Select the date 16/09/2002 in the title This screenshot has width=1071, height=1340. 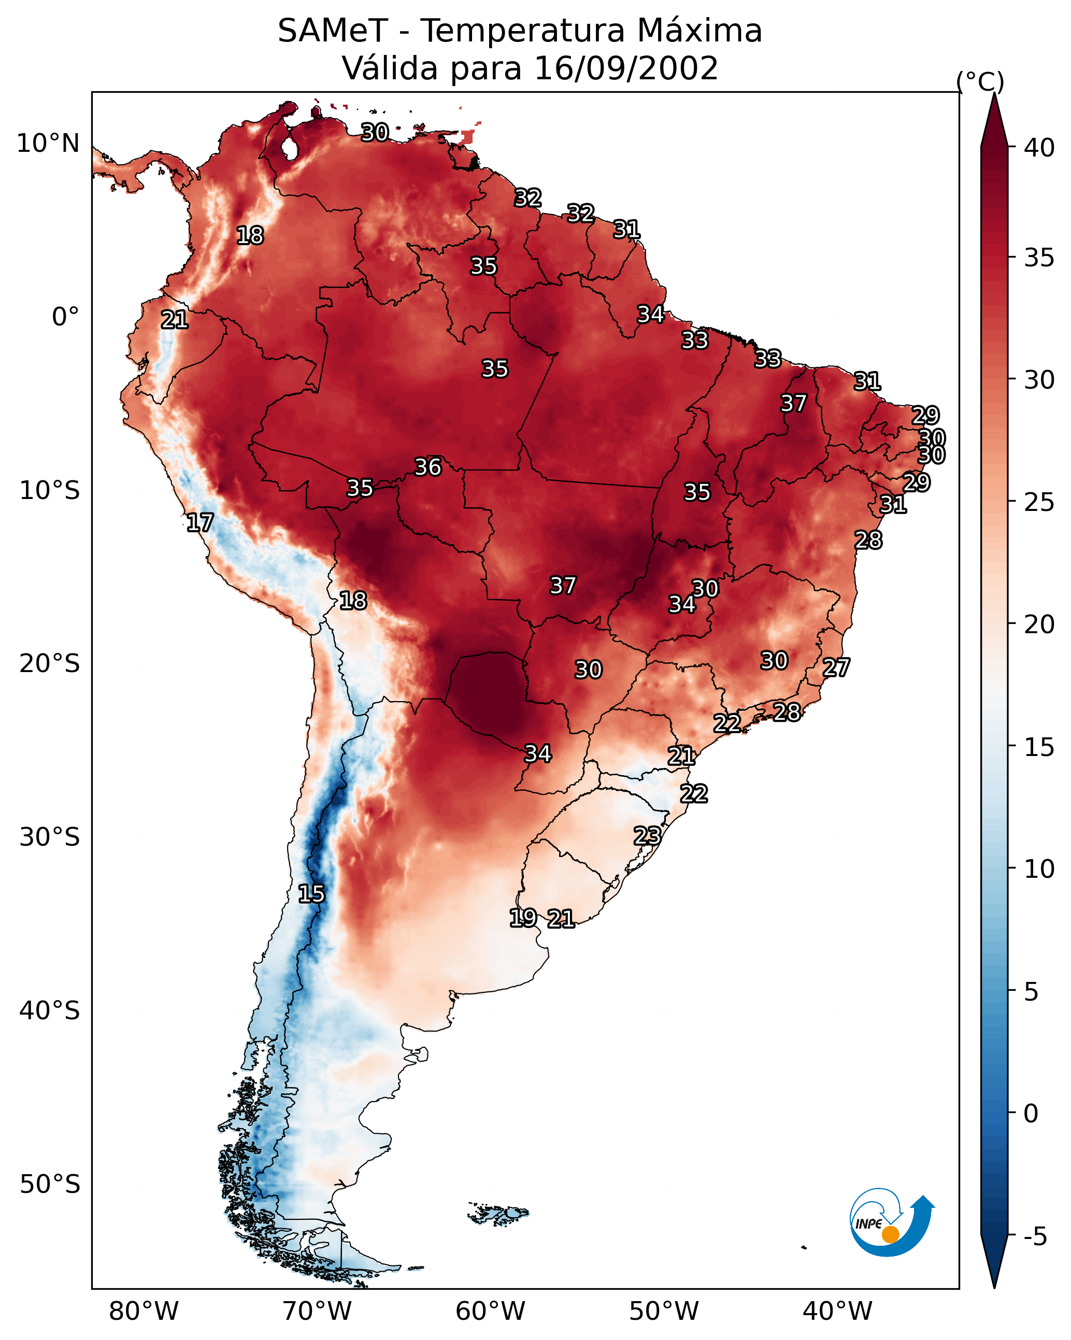626,68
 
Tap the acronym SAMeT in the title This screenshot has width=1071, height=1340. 333,31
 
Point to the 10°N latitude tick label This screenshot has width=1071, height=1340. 48,144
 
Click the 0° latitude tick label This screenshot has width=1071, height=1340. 65,317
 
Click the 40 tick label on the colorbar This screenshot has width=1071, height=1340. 1039,148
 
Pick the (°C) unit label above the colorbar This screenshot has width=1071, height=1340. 980,81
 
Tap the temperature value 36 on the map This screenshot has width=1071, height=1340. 429,467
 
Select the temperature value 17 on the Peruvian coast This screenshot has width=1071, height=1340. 200,523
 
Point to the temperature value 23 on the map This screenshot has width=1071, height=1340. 647,835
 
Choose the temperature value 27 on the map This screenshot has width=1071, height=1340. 836,667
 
